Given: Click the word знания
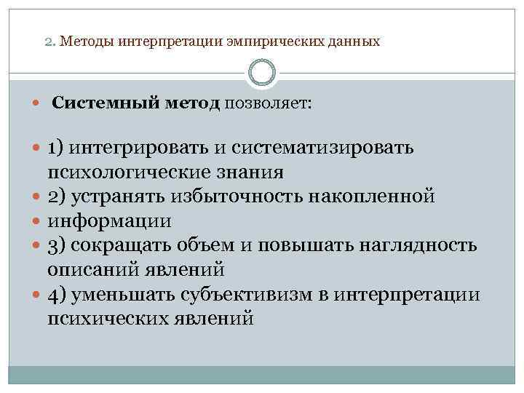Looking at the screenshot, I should click(x=251, y=172).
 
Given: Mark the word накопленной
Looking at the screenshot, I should click(x=376, y=196).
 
